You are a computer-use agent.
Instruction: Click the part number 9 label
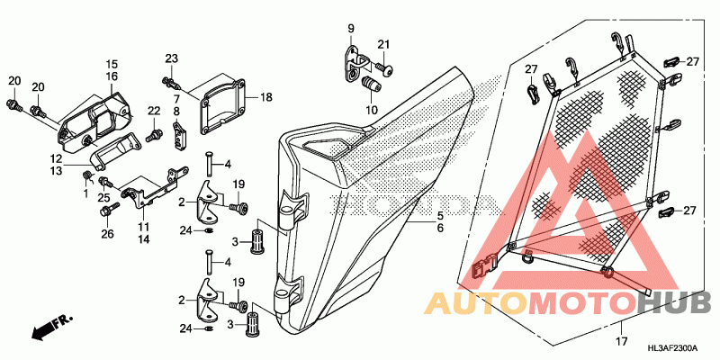click(x=351, y=29)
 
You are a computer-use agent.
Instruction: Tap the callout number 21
click(x=384, y=45)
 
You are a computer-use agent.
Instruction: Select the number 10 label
click(x=371, y=110)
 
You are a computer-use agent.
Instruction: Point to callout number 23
click(x=170, y=58)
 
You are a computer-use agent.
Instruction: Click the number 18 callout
click(x=265, y=97)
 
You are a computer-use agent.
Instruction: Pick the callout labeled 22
click(x=153, y=111)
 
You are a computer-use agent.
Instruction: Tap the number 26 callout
click(x=107, y=235)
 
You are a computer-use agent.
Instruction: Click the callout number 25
click(x=103, y=197)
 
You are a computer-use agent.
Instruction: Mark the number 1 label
click(x=86, y=193)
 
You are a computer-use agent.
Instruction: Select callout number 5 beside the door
click(x=441, y=216)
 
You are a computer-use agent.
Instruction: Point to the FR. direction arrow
click(x=50, y=328)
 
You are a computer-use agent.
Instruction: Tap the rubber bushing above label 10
click(x=367, y=85)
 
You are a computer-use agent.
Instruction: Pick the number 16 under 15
click(x=112, y=77)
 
